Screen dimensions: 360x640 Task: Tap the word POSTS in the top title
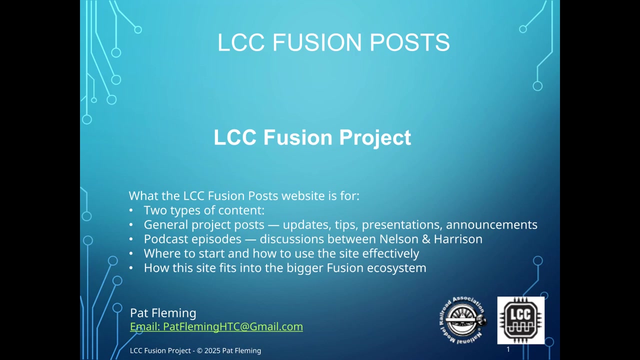[x=409, y=42]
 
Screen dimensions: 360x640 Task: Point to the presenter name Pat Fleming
[x=163, y=313]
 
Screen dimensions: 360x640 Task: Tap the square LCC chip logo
[x=520, y=320]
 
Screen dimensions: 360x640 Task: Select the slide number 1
[x=508, y=349]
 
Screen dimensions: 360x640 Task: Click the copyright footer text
[x=195, y=350]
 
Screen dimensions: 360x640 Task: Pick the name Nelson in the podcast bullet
[x=399, y=239]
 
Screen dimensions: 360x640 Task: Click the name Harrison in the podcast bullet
[x=458, y=239]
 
